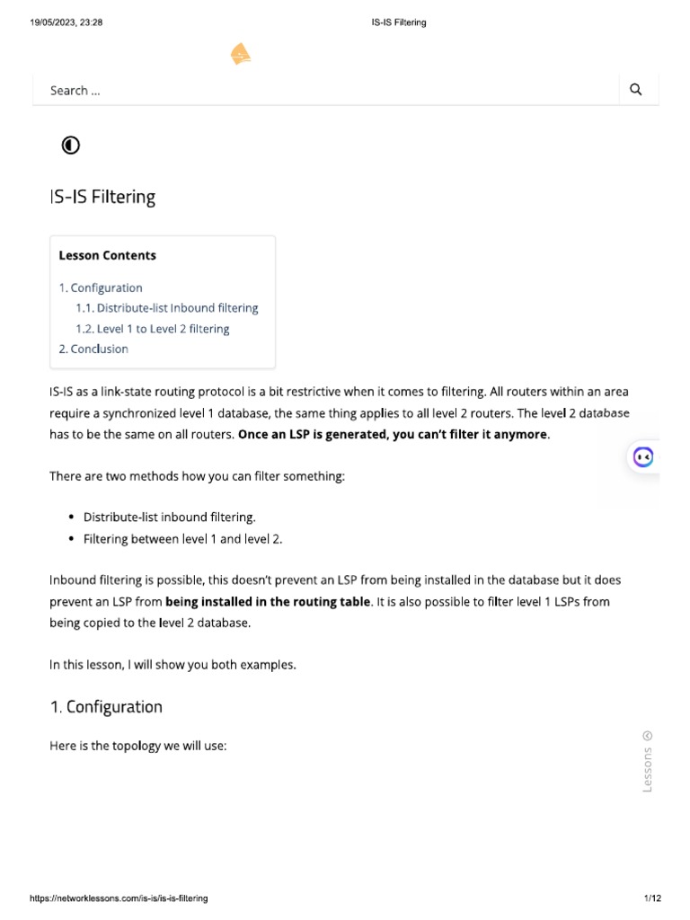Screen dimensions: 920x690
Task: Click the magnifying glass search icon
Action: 636,90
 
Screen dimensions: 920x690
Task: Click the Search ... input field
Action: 323,90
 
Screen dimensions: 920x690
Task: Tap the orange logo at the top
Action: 240,55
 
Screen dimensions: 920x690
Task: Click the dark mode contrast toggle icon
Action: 70,146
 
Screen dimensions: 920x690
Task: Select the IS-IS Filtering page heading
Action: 102,197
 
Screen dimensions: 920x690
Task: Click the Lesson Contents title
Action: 107,255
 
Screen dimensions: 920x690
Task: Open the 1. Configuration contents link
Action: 101,287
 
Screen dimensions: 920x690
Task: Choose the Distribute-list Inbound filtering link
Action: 167,307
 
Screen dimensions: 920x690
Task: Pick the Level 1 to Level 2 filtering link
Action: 153,329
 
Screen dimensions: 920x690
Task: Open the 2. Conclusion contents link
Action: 93,349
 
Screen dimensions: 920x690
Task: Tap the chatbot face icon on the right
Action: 642,456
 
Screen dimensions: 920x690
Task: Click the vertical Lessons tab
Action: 648,762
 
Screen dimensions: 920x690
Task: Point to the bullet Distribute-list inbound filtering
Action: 169,517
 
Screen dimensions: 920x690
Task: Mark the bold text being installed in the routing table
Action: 268,601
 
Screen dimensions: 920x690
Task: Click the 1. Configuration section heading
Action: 106,706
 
